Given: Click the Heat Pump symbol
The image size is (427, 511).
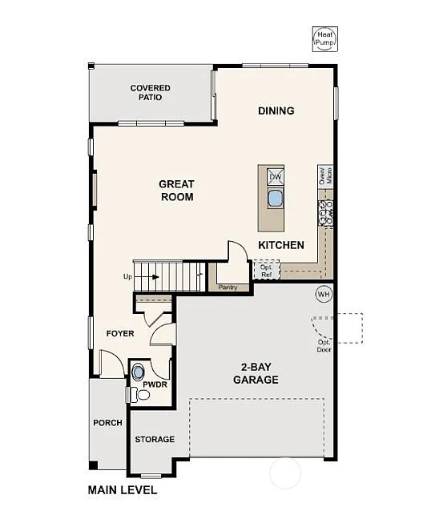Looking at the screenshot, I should click(x=324, y=38).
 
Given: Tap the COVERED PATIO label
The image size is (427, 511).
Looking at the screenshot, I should click(x=150, y=92).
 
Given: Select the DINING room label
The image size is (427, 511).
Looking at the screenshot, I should click(x=276, y=111).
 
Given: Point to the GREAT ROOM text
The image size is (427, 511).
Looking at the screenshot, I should click(x=176, y=191).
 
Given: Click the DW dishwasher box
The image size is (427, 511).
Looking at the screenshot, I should click(x=275, y=178).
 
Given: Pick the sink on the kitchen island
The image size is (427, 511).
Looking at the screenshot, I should click(x=275, y=197).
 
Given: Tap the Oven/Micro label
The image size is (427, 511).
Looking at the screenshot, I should click(x=326, y=175).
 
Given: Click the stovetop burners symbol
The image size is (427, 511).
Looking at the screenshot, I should click(x=326, y=211).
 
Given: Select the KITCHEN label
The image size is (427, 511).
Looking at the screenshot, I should click(x=280, y=245).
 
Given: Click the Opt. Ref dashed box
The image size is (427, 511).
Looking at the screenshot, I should click(x=265, y=271).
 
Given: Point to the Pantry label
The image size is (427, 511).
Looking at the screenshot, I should click(x=228, y=285).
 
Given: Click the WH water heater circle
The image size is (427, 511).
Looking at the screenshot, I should click(x=324, y=293).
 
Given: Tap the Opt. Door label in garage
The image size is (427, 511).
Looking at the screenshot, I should click(x=324, y=345).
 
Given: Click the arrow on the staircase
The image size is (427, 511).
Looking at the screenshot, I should click(x=152, y=277).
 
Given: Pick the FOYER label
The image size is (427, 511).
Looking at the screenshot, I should click(x=120, y=333).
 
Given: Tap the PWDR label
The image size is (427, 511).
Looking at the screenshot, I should click(x=155, y=384).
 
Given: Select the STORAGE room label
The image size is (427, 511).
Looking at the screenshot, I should click(x=155, y=440).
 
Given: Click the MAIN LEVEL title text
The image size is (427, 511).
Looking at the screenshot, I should click(x=122, y=489).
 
